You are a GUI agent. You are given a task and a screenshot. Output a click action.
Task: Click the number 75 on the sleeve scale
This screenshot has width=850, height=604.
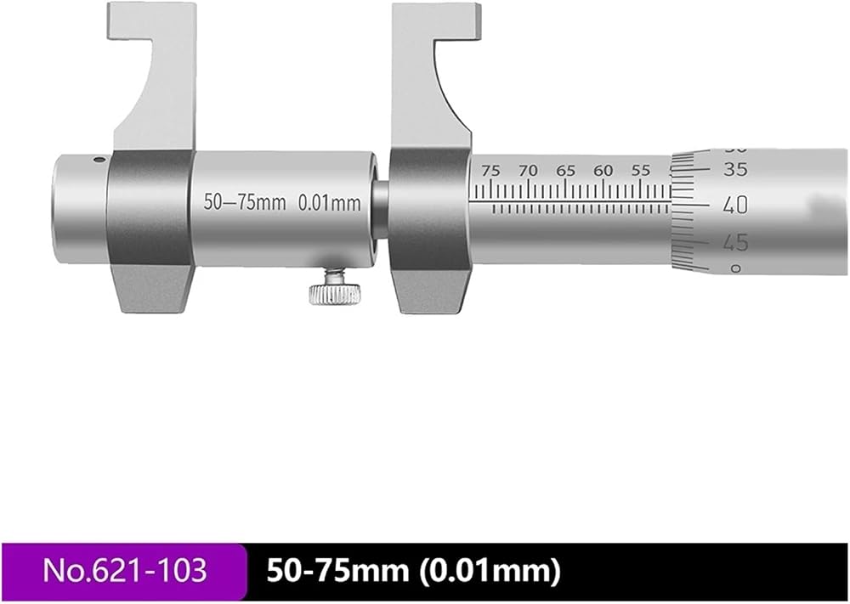(491, 171)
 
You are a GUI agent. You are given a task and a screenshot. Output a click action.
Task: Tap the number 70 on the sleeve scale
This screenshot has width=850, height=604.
(528, 171)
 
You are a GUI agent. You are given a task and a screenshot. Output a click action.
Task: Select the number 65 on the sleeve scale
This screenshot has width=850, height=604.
(565, 171)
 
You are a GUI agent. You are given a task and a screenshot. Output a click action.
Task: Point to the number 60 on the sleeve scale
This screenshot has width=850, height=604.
(603, 171)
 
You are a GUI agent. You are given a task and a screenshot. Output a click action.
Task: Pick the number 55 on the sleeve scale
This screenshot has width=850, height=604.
(640, 171)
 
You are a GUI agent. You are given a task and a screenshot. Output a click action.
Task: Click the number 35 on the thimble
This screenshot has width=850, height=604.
(735, 170)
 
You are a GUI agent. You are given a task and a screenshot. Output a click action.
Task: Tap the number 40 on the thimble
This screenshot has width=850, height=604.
(735, 206)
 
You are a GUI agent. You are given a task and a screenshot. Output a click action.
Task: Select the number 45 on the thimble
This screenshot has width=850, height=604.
(735, 243)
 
